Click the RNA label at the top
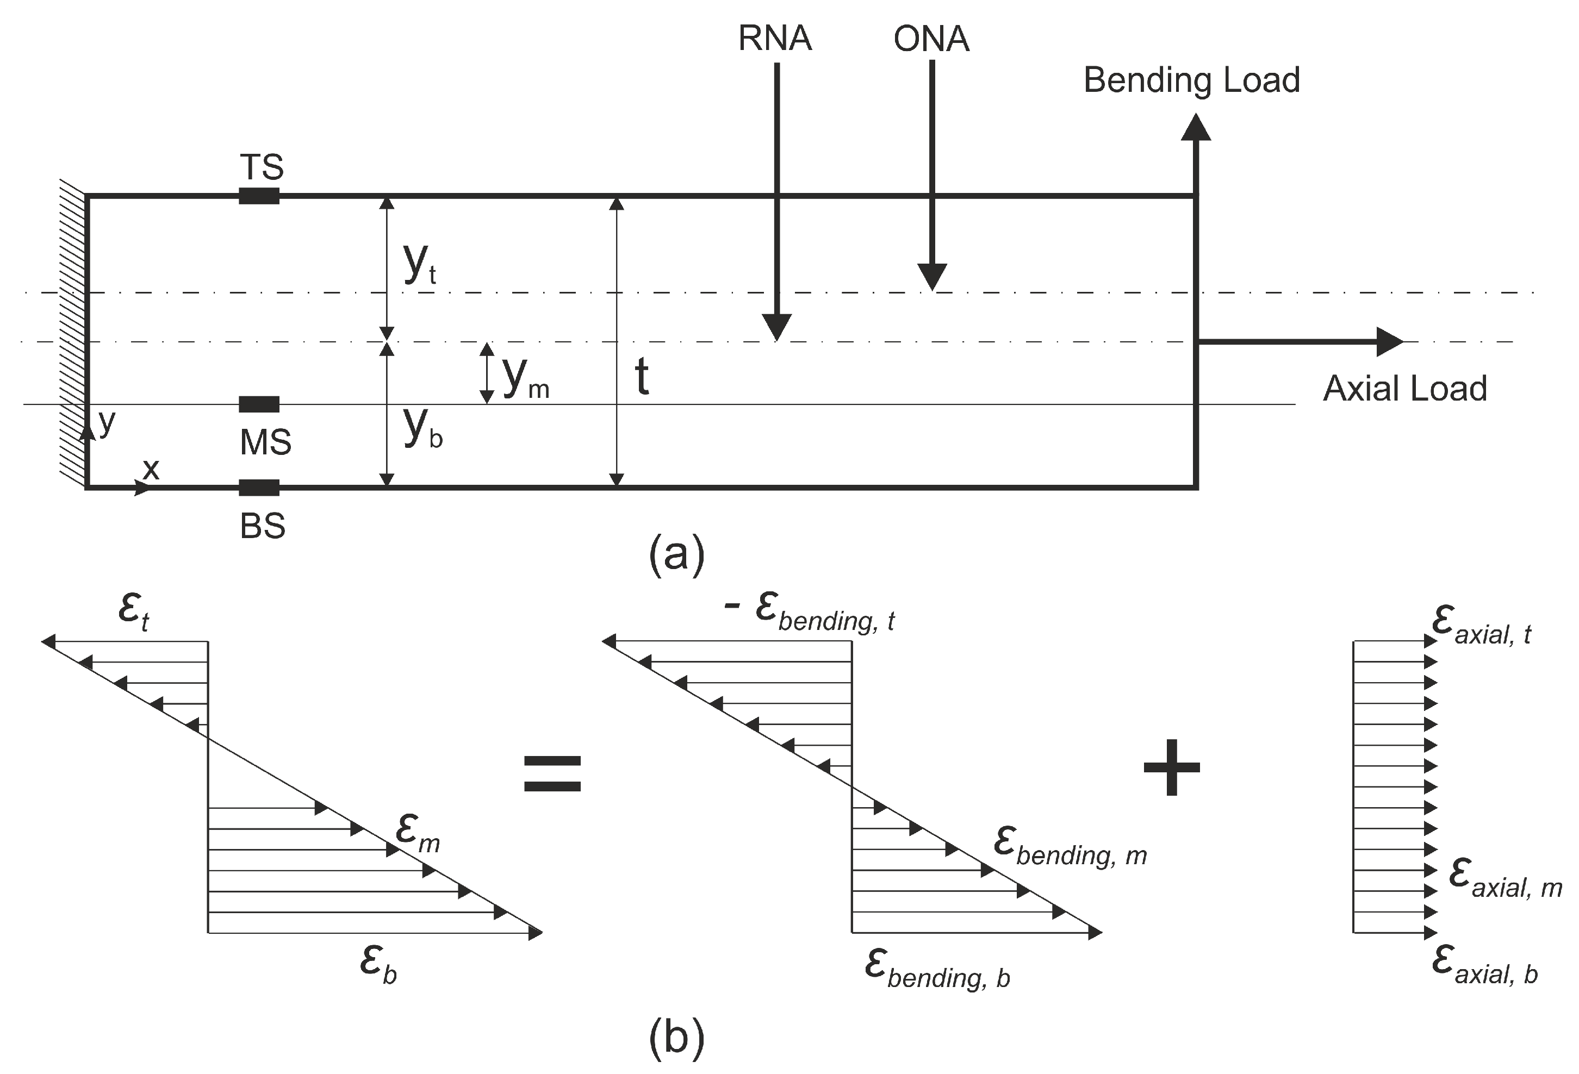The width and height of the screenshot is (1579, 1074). click(x=775, y=39)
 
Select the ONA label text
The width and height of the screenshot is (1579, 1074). click(x=930, y=39)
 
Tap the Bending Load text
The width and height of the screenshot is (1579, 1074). click(x=1191, y=80)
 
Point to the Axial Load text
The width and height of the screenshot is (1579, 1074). click(x=1404, y=389)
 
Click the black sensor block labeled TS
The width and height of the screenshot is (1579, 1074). click(x=259, y=196)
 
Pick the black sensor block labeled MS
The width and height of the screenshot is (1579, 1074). click(x=259, y=404)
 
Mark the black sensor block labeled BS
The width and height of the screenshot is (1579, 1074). click(x=259, y=487)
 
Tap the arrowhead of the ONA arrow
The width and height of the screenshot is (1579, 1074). click(x=931, y=277)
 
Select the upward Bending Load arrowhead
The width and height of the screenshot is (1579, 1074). click(x=1195, y=128)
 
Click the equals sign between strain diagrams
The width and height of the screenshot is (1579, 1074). click(x=552, y=775)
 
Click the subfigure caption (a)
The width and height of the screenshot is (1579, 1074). click(x=677, y=554)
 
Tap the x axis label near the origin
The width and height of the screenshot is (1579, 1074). click(x=151, y=469)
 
